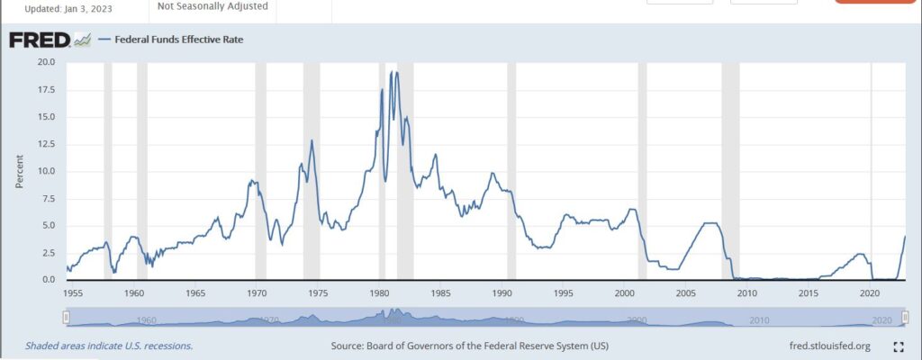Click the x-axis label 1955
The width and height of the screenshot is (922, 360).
pos(73,293)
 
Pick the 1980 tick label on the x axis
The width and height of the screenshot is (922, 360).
pos(379,293)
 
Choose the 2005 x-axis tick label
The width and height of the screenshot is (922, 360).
pos(685,293)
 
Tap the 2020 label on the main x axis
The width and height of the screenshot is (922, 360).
pos(870,293)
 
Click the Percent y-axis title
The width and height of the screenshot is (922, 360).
pos(18,171)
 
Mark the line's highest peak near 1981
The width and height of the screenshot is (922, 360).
pos(393,72)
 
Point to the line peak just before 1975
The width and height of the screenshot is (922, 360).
pos(312,140)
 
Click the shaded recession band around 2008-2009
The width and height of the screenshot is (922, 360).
pos(730,171)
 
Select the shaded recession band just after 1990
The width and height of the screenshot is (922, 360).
pos(511,171)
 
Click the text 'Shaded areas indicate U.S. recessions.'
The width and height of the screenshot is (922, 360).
pos(109,346)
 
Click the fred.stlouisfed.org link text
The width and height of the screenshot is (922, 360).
pos(829,346)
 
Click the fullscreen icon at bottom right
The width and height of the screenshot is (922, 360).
pos(898,346)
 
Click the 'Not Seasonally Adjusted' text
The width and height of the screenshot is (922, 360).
pos(212,6)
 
